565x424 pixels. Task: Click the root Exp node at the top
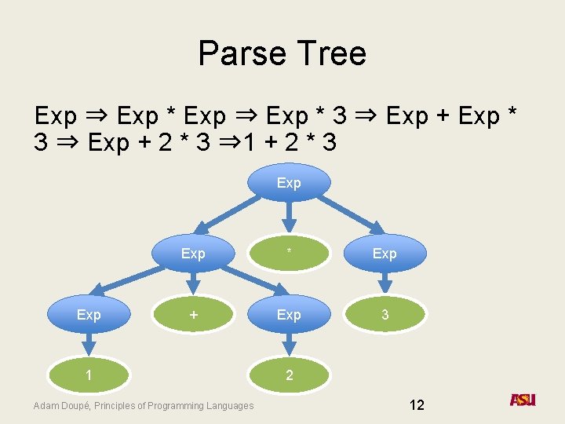click(289, 183)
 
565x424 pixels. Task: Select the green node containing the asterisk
click(289, 253)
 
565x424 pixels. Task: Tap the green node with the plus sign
click(193, 314)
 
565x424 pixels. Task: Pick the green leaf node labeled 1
click(89, 375)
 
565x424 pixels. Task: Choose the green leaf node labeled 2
click(289, 375)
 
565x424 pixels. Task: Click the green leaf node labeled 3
click(385, 314)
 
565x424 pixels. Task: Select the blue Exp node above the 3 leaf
click(385, 253)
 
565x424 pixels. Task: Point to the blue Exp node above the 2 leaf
click(289, 314)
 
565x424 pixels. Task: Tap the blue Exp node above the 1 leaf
click(89, 314)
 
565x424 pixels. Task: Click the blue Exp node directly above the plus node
click(193, 253)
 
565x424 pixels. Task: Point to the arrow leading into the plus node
click(193, 283)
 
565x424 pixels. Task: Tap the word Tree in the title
click(330, 53)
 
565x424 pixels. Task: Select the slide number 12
click(417, 405)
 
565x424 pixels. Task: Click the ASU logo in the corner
click(523, 400)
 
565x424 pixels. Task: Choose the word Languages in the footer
click(228, 406)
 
